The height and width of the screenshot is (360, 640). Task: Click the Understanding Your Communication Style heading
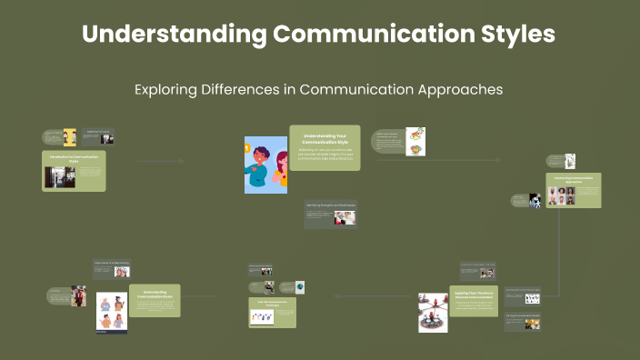[x=325, y=138]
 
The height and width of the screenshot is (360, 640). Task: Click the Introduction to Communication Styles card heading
[x=75, y=158]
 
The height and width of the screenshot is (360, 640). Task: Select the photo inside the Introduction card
[x=59, y=177]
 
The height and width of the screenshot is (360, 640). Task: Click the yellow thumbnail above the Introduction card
[x=69, y=137]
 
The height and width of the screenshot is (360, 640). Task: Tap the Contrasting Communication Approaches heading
[x=573, y=180]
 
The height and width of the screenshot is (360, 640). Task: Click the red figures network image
[x=433, y=312]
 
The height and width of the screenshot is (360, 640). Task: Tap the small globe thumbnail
[x=299, y=287]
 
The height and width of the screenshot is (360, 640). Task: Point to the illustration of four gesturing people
[x=112, y=312]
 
